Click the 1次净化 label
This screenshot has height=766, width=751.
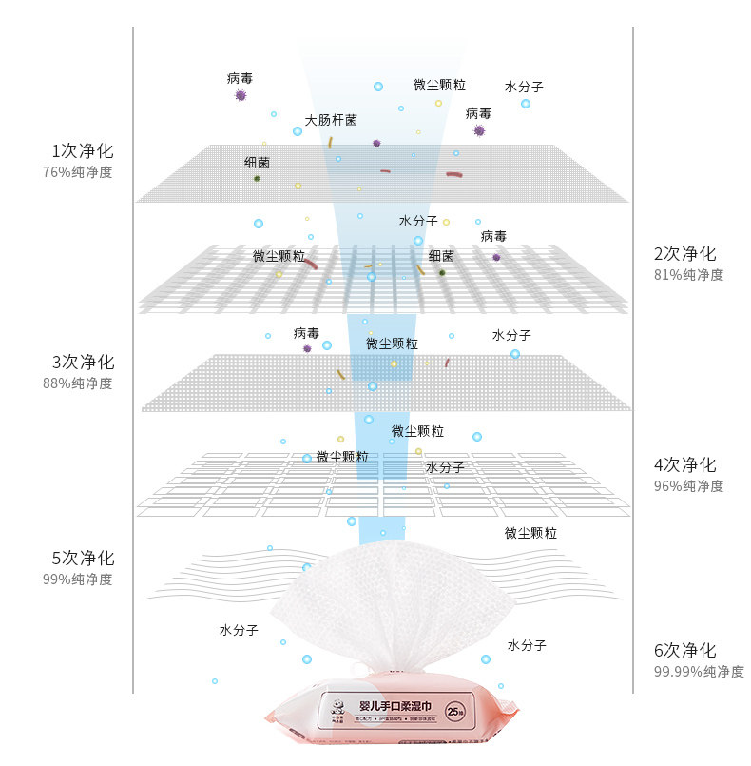click(82, 151)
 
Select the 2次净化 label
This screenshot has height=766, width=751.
click(684, 254)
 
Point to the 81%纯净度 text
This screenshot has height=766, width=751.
click(688, 275)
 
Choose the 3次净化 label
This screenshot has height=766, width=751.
click(82, 363)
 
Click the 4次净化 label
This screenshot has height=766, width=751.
click(684, 465)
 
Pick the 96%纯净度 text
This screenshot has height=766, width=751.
click(688, 486)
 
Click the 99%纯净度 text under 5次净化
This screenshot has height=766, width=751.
click(77, 579)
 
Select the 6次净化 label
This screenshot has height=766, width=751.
click(684, 651)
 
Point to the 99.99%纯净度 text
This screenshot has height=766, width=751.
click(699, 672)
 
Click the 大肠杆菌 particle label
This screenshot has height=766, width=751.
click(331, 121)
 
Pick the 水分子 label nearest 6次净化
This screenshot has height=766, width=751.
click(527, 645)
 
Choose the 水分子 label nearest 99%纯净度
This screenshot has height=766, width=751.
click(239, 630)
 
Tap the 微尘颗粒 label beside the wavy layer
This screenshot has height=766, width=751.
click(530, 533)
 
